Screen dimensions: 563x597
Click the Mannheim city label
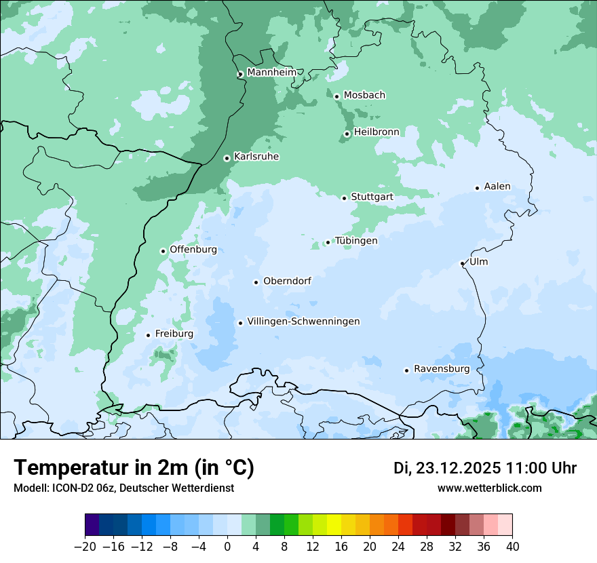click(271, 72)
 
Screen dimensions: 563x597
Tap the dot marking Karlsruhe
click(227, 158)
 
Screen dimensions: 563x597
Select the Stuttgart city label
click(372, 197)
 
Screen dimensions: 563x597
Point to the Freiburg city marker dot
click(148, 335)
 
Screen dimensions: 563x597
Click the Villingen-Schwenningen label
click(303, 322)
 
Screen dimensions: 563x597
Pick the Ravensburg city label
click(442, 369)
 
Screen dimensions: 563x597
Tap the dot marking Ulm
click(462, 263)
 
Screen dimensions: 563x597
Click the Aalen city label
click(497, 187)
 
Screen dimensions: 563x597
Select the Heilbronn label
click(377, 132)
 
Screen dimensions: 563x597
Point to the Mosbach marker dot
click(336, 96)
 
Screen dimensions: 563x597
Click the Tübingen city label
click(356, 241)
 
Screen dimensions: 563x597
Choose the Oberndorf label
click(287, 281)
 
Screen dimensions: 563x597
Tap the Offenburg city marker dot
click(163, 251)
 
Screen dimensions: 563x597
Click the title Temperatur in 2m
click(134, 467)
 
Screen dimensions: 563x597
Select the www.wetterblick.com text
click(490, 488)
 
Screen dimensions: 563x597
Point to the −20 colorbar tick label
click(84, 547)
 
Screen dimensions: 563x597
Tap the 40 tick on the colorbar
click(512, 547)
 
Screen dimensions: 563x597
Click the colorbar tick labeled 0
click(227, 547)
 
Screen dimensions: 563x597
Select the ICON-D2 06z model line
click(123, 488)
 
